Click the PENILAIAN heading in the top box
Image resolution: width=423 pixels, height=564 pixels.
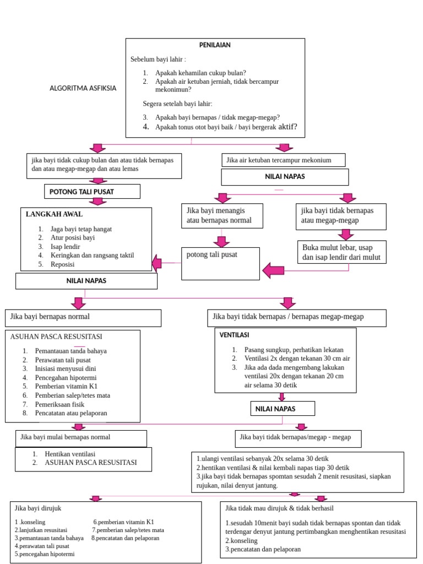[x=215, y=45]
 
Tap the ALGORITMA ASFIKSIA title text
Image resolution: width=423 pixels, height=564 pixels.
[x=83, y=88]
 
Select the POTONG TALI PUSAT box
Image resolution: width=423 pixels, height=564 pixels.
[x=92, y=191]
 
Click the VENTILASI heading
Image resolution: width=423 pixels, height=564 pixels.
[x=235, y=335]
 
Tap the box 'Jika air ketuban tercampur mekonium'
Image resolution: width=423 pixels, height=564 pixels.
[x=283, y=160]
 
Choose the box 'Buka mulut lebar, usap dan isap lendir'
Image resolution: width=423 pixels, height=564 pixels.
[x=341, y=252]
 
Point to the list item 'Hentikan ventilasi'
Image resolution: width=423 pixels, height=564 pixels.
[x=79, y=453]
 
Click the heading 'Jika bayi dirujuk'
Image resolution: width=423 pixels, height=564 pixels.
[x=39, y=507]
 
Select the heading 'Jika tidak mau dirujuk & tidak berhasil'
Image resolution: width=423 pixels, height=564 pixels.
[x=280, y=507]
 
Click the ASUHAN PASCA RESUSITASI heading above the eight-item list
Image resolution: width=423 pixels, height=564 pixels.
[x=56, y=337]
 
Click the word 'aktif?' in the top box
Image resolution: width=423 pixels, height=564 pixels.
[x=288, y=127]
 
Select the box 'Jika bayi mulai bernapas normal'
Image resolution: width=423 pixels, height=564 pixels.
[x=81, y=438]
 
